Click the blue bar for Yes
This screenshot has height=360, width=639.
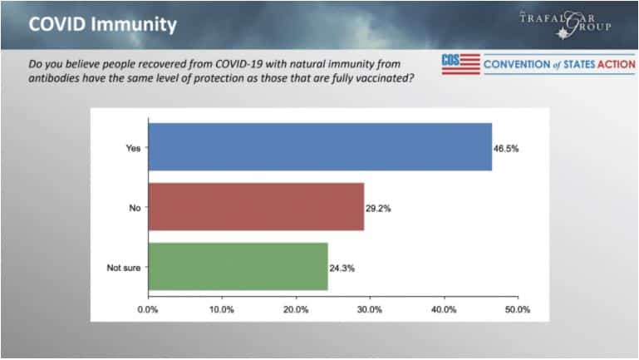coord(320,147)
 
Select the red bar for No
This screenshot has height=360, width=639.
coord(256,207)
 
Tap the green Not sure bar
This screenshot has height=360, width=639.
coord(238,266)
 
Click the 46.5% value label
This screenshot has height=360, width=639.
coord(508,148)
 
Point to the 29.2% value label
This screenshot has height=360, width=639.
coord(380,208)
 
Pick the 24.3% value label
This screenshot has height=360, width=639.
coord(343,267)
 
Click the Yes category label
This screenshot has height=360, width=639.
coord(131,148)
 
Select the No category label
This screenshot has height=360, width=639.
coord(133,207)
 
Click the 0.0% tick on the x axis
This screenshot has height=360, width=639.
coord(147,309)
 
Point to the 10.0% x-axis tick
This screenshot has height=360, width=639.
coord(221,309)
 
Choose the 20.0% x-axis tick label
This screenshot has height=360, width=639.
coord(296,309)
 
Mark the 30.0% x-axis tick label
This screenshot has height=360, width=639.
coord(370,309)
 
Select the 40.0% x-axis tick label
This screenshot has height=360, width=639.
coord(444,309)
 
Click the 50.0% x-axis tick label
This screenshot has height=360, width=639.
coord(518,309)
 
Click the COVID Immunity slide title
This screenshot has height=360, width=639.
coord(102,23)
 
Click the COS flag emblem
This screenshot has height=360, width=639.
coord(461,63)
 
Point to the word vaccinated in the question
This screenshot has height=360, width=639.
coord(377,79)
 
